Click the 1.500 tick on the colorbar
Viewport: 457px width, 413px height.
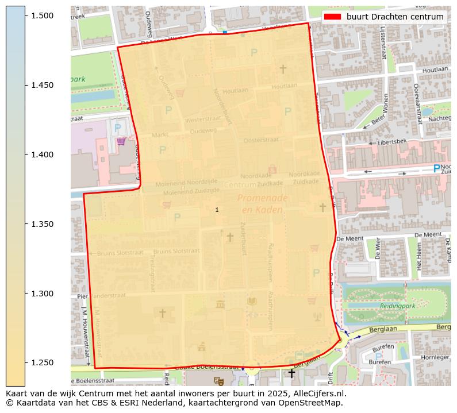pos(41,16)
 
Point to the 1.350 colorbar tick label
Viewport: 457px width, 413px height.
pos(41,224)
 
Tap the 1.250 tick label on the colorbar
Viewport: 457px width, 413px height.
pos(41,363)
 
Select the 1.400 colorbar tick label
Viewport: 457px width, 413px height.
pos(41,155)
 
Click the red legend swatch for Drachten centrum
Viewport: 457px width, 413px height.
pos(333,17)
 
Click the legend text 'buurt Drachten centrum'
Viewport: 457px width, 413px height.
pos(395,17)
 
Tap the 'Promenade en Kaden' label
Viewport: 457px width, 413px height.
pos(262,204)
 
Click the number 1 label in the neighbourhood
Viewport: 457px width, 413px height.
pos(217,210)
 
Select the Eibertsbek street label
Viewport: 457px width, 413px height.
pos(393,141)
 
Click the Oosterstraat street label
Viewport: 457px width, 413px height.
pos(261,140)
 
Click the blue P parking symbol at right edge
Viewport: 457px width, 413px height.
pos(436,169)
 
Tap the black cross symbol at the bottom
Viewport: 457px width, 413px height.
pos(291,373)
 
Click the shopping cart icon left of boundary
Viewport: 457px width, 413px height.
pos(121,141)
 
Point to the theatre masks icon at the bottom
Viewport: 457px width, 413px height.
pos(218,381)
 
